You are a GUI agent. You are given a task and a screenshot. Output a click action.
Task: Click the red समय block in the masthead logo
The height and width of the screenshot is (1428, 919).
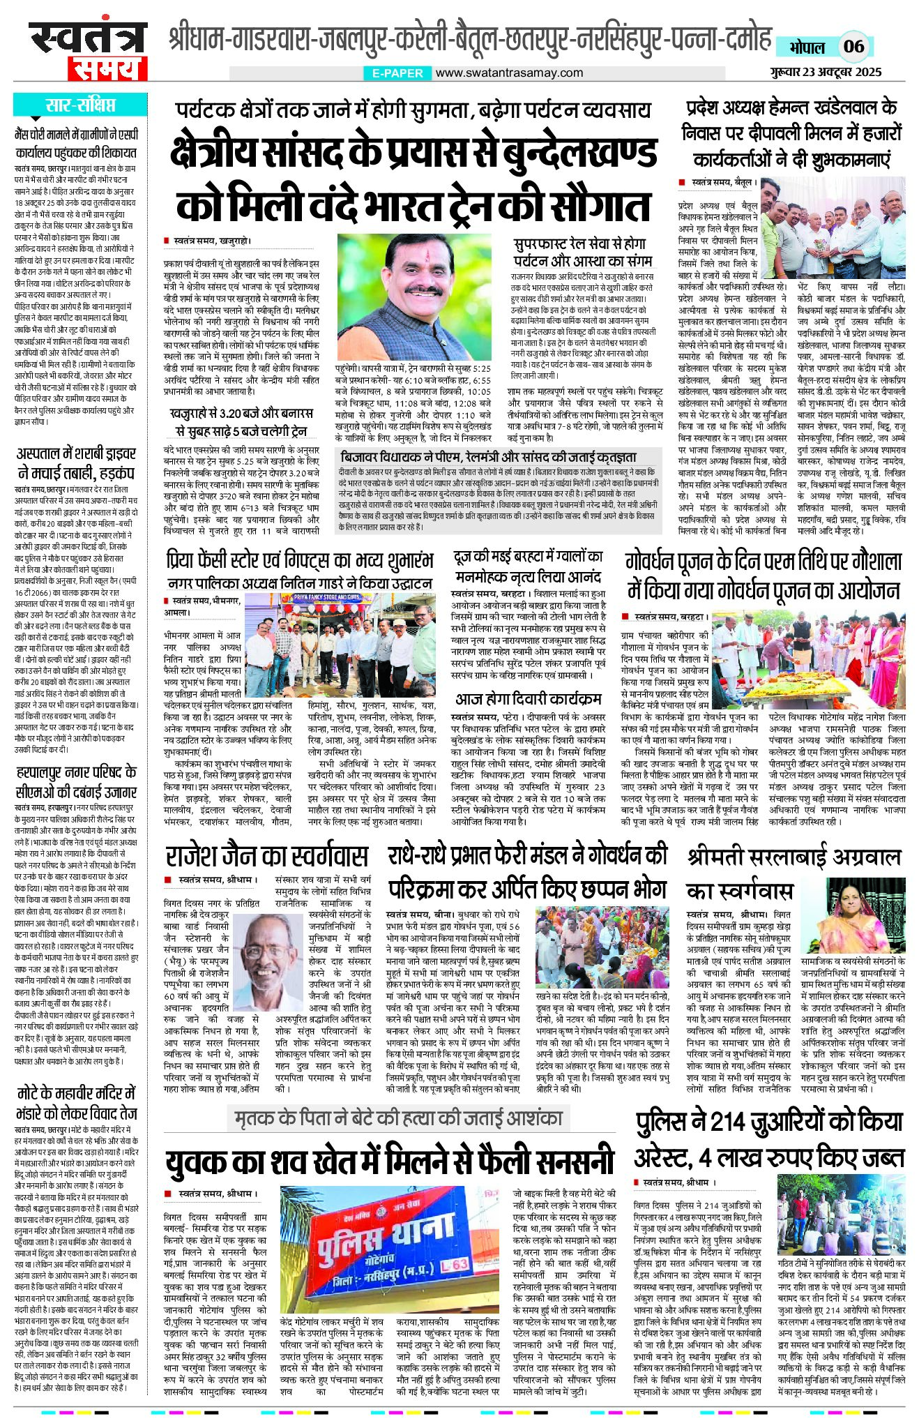pos(107,68)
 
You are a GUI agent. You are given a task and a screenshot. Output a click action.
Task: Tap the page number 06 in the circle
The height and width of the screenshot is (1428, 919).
pos(853,47)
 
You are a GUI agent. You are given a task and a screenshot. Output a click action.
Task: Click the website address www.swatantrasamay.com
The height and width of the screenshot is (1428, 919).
pos(509,73)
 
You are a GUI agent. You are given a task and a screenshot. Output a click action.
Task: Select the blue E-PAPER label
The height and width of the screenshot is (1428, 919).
pos(397,73)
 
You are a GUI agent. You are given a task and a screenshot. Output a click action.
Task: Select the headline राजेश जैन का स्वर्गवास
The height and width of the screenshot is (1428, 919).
pos(266,856)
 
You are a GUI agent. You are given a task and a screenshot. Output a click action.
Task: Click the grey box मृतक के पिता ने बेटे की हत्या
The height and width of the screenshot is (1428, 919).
pos(398,1118)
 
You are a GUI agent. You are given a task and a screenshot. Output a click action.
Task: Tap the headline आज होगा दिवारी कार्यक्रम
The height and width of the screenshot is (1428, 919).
pos(528,699)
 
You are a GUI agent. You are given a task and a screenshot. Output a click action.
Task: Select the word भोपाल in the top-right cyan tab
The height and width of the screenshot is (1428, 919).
pos(807,47)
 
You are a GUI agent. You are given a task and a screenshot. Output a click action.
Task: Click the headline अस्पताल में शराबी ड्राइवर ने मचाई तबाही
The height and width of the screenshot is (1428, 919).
pos(77,463)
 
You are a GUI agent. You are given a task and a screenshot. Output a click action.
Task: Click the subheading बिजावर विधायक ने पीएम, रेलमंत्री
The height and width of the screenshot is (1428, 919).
pos(487,457)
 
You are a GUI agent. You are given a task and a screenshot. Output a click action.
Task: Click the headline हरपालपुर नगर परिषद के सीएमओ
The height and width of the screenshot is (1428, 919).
pos(77,781)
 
